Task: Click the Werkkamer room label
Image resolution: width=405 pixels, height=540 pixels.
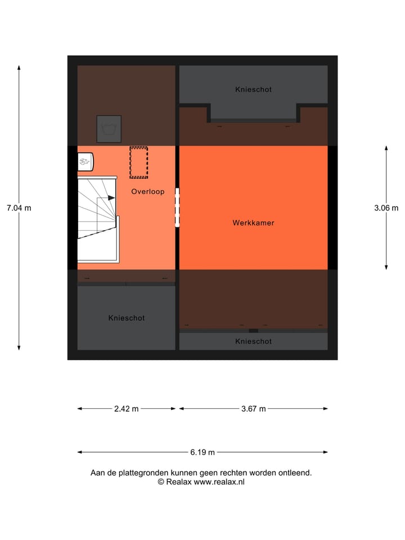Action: point(253,223)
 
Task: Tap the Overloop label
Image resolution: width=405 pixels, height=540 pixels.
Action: point(148,192)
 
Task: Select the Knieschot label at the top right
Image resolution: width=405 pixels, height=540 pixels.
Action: point(253,89)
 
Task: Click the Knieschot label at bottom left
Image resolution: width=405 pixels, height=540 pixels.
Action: point(127,318)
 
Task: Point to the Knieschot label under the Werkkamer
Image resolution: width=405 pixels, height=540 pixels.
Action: point(253,341)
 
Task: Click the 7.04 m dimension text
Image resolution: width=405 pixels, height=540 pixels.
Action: point(19,208)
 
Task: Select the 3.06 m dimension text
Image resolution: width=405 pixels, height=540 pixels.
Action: point(386,208)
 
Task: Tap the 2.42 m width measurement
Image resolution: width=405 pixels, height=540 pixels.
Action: point(126,409)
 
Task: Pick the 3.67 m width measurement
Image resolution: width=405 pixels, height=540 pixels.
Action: point(253,409)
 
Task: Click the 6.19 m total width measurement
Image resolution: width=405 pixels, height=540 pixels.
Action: point(202,452)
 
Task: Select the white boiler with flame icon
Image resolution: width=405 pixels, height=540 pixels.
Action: point(85,161)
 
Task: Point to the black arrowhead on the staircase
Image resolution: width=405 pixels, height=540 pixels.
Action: point(112,198)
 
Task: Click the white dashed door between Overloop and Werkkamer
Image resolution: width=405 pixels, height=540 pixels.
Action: point(177,207)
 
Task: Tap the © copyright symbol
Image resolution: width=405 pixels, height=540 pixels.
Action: point(161,482)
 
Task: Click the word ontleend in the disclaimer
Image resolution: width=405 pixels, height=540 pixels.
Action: point(295,473)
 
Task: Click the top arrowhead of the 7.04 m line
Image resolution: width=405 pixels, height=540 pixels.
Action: point(19,67)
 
